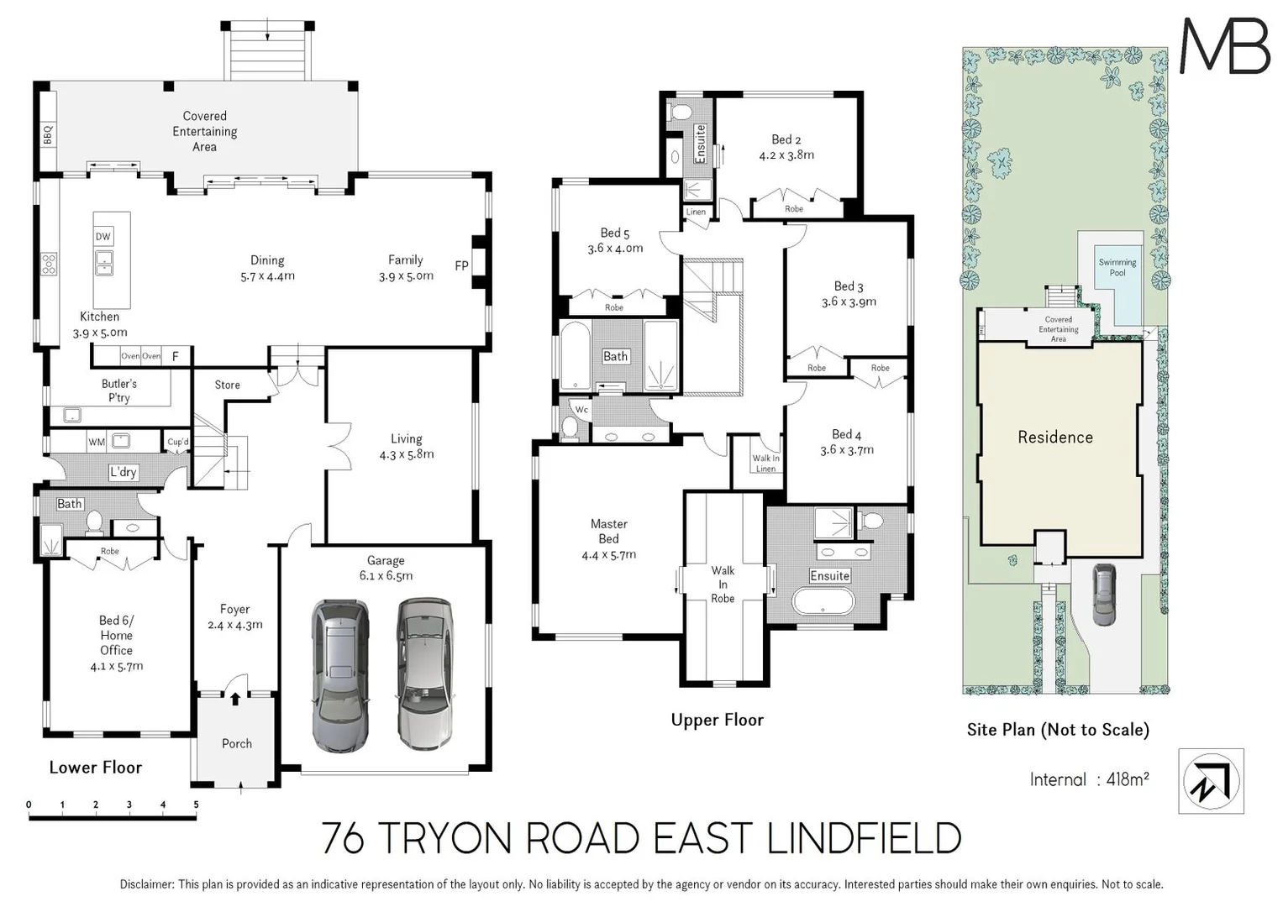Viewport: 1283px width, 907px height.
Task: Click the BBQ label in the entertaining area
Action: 48,134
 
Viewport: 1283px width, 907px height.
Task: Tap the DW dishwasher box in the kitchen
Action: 103,237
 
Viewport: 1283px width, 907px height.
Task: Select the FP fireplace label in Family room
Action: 461,266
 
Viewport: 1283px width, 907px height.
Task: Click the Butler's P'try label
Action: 118,391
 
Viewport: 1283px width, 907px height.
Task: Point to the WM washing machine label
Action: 97,442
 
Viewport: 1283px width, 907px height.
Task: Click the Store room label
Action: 227,385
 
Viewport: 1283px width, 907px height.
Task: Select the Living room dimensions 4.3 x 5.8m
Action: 406,454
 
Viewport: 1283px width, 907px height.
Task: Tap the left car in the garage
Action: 339,674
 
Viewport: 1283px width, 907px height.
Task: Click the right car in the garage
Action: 425,674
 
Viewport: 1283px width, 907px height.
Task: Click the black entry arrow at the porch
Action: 235,697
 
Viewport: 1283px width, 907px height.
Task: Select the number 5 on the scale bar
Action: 196,805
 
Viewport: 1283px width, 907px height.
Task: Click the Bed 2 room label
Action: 786,139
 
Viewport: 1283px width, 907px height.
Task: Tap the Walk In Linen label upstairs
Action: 765,464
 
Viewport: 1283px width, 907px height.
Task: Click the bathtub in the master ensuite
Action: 823,601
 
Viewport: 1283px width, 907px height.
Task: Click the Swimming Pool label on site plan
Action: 1117,267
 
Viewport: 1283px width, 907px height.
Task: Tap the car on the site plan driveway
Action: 1103,594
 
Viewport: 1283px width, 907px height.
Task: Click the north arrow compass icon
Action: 1211,781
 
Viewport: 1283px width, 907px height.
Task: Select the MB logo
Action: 1224,46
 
